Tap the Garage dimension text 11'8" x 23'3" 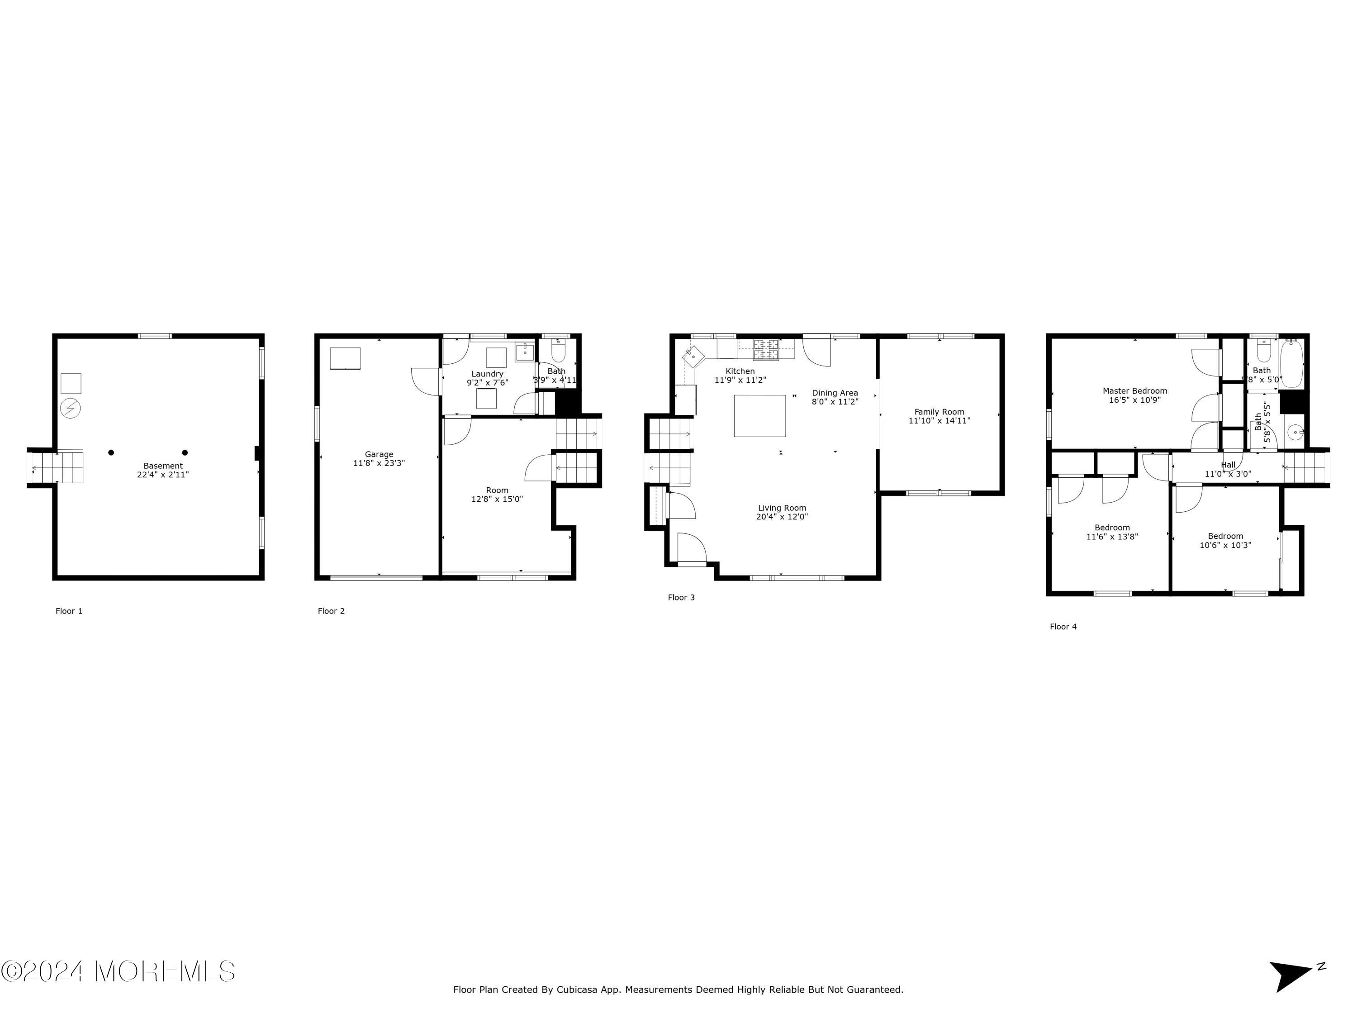pos(379,463)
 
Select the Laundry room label pos(487,374)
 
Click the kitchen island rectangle pos(759,416)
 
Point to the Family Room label pos(939,412)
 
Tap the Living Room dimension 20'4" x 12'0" pos(782,517)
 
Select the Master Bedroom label pos(1134,391)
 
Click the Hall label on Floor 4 pos(1228,465)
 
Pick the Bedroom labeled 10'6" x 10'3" pos(1225,536)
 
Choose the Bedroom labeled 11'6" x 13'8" pos(1112,528)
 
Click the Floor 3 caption pos(681,598)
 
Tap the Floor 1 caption pos(69,611)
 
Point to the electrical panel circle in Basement pos(71,408)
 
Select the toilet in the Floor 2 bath pos(558,352)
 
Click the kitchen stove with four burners pos(766,349)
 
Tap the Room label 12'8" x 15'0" pos(497,490)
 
